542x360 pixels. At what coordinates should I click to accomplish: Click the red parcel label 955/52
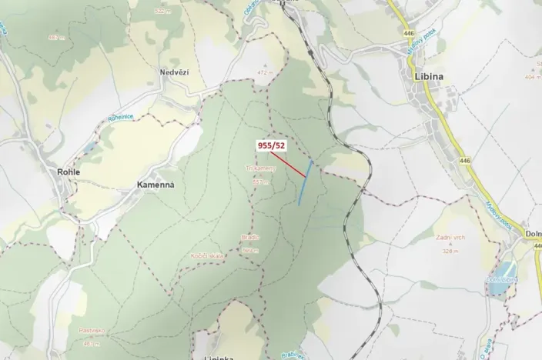[x=271, y=145]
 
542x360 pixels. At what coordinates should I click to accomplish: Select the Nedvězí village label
[x=175, y=72]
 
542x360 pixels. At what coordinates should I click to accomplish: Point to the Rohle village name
[x=69, y=172]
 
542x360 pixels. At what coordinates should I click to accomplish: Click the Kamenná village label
[x=156, y=185]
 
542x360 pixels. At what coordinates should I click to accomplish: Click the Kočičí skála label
[x=208, y=257]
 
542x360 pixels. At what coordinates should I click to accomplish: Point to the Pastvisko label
[x=91, y=330]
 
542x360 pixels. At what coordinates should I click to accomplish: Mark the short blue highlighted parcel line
[x=306, y=182]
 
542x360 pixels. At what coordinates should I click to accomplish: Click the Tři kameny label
[x=259, y=168]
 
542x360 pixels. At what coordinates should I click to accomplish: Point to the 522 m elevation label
[x=161, y=12]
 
